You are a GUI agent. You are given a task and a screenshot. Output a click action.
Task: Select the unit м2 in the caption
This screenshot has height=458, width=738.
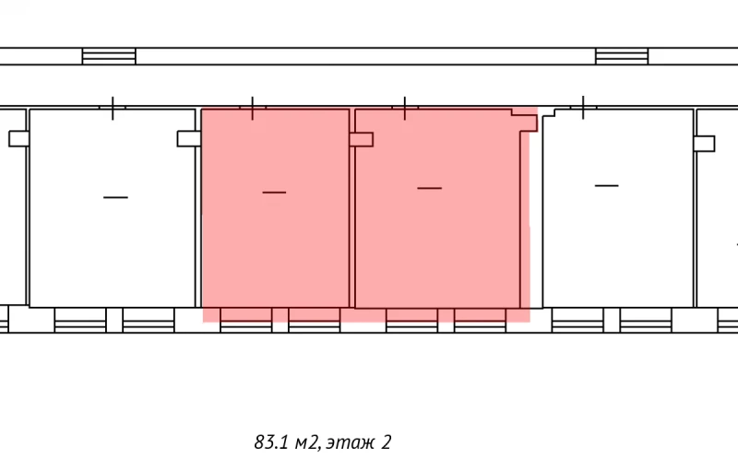[x=306, y=443]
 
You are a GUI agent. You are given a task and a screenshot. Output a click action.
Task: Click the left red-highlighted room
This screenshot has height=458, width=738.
[x=275, y=240]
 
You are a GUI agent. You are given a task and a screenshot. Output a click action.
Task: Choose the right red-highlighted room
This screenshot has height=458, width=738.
[x=434, y=240]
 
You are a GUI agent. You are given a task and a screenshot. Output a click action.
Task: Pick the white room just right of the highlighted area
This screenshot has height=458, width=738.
[x=617, y=240]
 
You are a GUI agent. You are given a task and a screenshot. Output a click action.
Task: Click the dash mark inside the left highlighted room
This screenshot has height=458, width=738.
[x=274, y=192]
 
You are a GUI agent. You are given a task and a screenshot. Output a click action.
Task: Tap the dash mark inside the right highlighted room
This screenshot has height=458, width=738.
[x=429, y=188]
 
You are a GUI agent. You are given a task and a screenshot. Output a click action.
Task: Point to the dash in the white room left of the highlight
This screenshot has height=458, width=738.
[x=115, y=196]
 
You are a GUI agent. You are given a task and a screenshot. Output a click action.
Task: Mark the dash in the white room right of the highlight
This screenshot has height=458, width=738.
[x=606, y=186]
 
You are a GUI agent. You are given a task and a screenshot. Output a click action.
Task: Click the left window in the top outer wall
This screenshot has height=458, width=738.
[x=109, y=56]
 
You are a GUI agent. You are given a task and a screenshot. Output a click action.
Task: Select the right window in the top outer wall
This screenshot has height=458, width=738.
[x=622, y=56]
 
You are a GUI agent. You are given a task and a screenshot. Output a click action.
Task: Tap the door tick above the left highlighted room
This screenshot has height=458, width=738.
[x=253, y=109]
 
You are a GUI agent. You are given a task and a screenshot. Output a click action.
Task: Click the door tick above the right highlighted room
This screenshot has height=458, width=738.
[x=405, y=109]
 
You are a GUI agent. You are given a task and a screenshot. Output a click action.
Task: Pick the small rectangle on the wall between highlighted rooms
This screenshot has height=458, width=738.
[x=361, y=140]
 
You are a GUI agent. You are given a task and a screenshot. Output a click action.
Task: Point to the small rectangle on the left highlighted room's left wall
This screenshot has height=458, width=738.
[x=189, y=139]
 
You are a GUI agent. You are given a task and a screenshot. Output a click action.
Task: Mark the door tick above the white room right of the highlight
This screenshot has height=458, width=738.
[x=582, y=108]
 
